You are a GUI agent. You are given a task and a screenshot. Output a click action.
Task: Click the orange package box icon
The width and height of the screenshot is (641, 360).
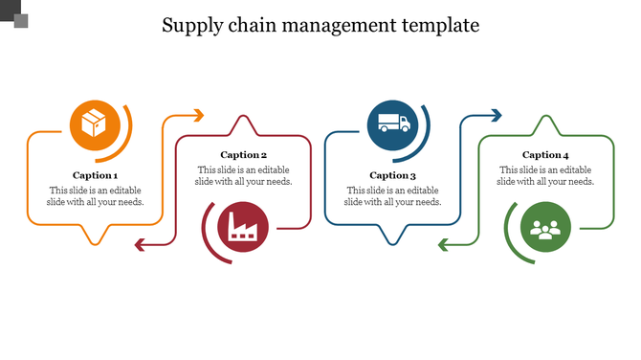tap(94, 124)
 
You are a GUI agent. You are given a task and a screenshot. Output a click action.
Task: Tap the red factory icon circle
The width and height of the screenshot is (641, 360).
tap(244, 228)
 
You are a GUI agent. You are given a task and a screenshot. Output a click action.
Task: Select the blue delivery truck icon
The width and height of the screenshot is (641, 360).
tap(393, 124)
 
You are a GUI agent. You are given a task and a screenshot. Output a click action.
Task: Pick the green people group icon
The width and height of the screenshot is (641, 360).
tap(545, 229)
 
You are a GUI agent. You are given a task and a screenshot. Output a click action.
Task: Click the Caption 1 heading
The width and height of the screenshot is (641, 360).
tap(96, 175)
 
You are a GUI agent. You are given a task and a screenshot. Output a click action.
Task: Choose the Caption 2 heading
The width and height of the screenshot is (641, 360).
tap(243, 154)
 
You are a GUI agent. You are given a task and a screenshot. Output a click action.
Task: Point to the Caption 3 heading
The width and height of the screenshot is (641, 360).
tap(392, 175)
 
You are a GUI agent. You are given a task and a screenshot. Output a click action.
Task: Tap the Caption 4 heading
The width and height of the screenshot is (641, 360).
tap(545, 154)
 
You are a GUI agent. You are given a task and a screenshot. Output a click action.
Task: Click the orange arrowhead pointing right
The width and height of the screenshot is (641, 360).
tap(198, 116)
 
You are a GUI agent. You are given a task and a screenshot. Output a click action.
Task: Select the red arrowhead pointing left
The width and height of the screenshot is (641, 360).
tap(140, 246)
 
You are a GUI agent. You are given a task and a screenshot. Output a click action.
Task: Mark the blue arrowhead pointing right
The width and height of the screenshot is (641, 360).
tap(496, 116)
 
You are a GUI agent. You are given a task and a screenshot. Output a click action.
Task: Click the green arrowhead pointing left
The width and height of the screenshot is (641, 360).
tap(444, 246)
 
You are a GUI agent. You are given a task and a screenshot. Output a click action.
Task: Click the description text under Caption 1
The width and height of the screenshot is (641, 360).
tap(97, 196)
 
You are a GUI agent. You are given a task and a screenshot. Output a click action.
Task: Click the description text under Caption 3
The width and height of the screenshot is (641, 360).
tap(392, 196)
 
